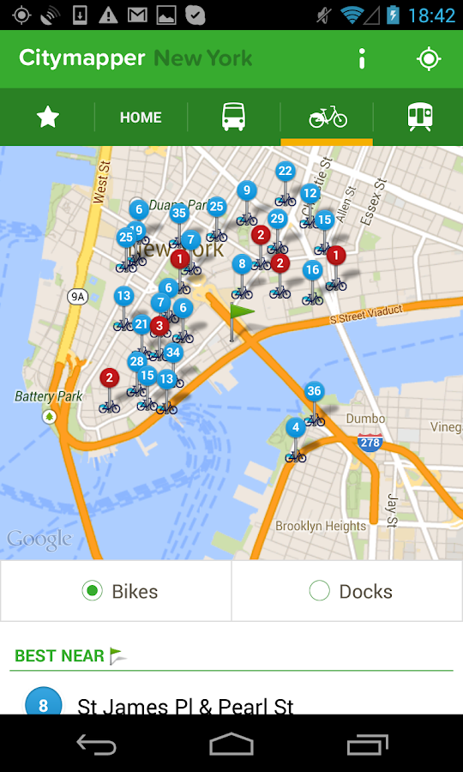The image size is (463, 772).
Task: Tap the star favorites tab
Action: [47, 117]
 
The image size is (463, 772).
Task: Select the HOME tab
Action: [141, 118]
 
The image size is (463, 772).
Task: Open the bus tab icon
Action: [233, 117]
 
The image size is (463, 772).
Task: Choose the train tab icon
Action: [419, 117]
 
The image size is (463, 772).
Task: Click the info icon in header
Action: [362, 58]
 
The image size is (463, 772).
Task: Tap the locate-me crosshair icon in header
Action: [428, 58]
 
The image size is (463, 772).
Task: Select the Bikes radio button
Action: [92, 590]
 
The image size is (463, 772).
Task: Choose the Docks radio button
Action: [319, 590]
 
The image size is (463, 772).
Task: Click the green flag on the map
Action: [241, 313]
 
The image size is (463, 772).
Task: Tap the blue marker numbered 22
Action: [286, 172]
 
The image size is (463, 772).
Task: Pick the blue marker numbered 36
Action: [315, 392]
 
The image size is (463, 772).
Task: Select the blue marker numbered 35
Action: [179, 214]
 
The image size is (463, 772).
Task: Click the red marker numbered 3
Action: [159, 326]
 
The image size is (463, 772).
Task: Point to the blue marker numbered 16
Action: [312, 270]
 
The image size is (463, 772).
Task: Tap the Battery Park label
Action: [49, 396]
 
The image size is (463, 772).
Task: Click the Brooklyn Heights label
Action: [321, 526]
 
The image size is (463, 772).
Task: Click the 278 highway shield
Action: [370, 443]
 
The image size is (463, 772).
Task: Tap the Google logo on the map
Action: [39, 540]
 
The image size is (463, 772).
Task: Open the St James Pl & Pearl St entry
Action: [185, 706]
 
